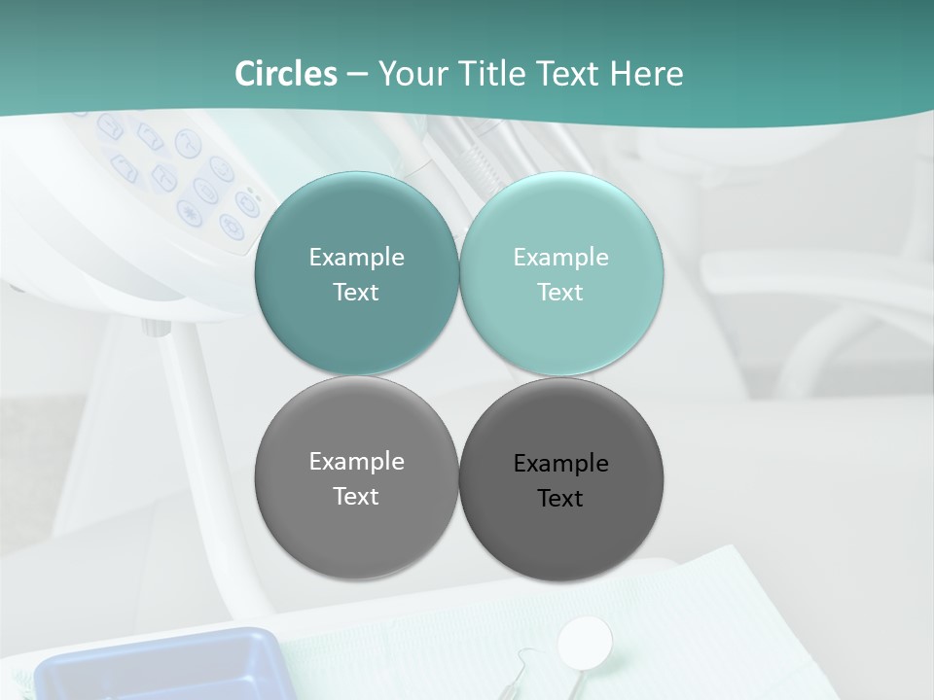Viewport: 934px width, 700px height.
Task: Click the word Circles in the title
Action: (x=286, y=74)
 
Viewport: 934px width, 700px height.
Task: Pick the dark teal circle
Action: (x=356, y=273)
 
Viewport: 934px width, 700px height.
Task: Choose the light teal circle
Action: (x=560, y=273)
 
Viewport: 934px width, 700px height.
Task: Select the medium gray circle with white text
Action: (x=356, y=477)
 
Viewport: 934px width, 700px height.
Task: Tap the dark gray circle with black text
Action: (x=560, y=479)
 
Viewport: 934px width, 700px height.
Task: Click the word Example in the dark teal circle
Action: (x=356, y=257)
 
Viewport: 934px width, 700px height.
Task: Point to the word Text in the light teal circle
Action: (x=560, y=292)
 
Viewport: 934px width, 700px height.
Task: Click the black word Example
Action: (x=560, y=463)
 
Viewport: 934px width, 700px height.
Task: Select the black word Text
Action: (x=560, y=498)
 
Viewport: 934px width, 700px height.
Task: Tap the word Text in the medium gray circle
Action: (x=356, y=496)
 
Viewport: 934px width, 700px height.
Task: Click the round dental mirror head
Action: (x=585, y=641)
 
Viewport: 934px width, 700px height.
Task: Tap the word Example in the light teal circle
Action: (x=560, y=257)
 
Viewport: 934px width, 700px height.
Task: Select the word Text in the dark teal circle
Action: (x=356, y=292)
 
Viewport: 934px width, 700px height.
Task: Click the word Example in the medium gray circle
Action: (x=356, y=461)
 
